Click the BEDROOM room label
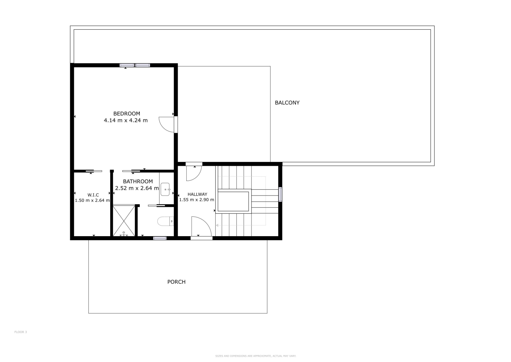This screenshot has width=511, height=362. (x=127, y=114)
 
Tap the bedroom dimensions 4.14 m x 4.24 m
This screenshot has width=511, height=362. (x=126, y=120)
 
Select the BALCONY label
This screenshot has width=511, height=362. (x=287, y=103)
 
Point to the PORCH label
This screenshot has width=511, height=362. (x=176, y=282)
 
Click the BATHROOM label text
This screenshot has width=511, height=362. (x=138, y=181)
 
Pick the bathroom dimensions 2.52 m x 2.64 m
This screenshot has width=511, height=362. (x=137, y=188)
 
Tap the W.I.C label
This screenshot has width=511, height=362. (x=93, y=195)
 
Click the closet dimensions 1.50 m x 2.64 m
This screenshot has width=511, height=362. (x=92, y=200)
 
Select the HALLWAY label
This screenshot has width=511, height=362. (x=197, y=194)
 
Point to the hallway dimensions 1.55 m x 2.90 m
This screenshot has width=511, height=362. (x=196, y=200)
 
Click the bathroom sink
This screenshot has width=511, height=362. (x=165, y=189)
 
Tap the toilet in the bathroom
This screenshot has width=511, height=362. (x=165, y=221)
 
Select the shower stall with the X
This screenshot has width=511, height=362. (x=124, y=221)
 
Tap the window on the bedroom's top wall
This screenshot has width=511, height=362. (x=135, y=65)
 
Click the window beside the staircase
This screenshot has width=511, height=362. (x=280, y=195)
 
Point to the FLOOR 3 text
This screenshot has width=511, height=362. (x=20, y=332)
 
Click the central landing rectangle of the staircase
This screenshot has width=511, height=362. (x=233, y=201)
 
